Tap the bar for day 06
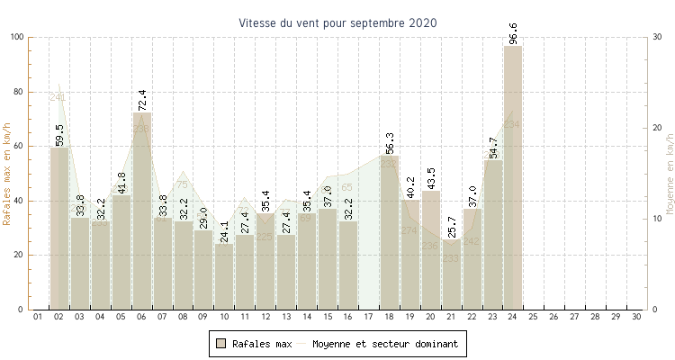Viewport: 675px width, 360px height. [141, 211]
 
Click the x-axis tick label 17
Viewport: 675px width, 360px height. [368, 317]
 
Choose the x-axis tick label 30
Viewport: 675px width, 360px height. [636, 317]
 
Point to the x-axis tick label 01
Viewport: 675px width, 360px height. [39, 317]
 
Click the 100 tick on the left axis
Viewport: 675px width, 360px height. [18, 37]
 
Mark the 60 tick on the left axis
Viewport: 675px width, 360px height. [21, 146]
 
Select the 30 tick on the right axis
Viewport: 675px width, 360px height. [658, 37]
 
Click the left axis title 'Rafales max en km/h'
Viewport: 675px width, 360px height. [7, 173]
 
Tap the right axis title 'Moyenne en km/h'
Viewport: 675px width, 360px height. [670, 173]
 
